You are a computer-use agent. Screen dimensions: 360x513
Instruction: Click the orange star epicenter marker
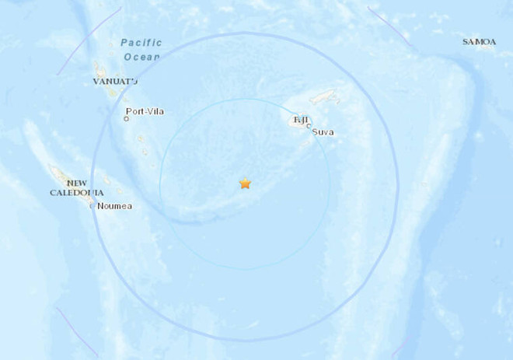pos(245,183)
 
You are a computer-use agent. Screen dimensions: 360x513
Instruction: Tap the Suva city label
pos(323,132)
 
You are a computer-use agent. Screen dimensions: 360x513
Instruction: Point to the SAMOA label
pos(478,42)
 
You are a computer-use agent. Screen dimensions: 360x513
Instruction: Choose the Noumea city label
pos(114,206)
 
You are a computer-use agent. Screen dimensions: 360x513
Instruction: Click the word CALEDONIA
pos(77,193)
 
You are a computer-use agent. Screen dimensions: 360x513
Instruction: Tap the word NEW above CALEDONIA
pos(76,183)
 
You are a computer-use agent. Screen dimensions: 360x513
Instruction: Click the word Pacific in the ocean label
pos(141,43)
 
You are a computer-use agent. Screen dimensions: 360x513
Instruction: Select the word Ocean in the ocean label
pos(141,56)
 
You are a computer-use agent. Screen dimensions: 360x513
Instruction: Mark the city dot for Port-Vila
pos(126,119)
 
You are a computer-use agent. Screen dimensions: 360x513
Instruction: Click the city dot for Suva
pos(309,126)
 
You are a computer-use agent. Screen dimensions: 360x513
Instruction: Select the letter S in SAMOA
pos(465,42)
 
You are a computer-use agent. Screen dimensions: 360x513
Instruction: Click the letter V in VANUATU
pos(96,81)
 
